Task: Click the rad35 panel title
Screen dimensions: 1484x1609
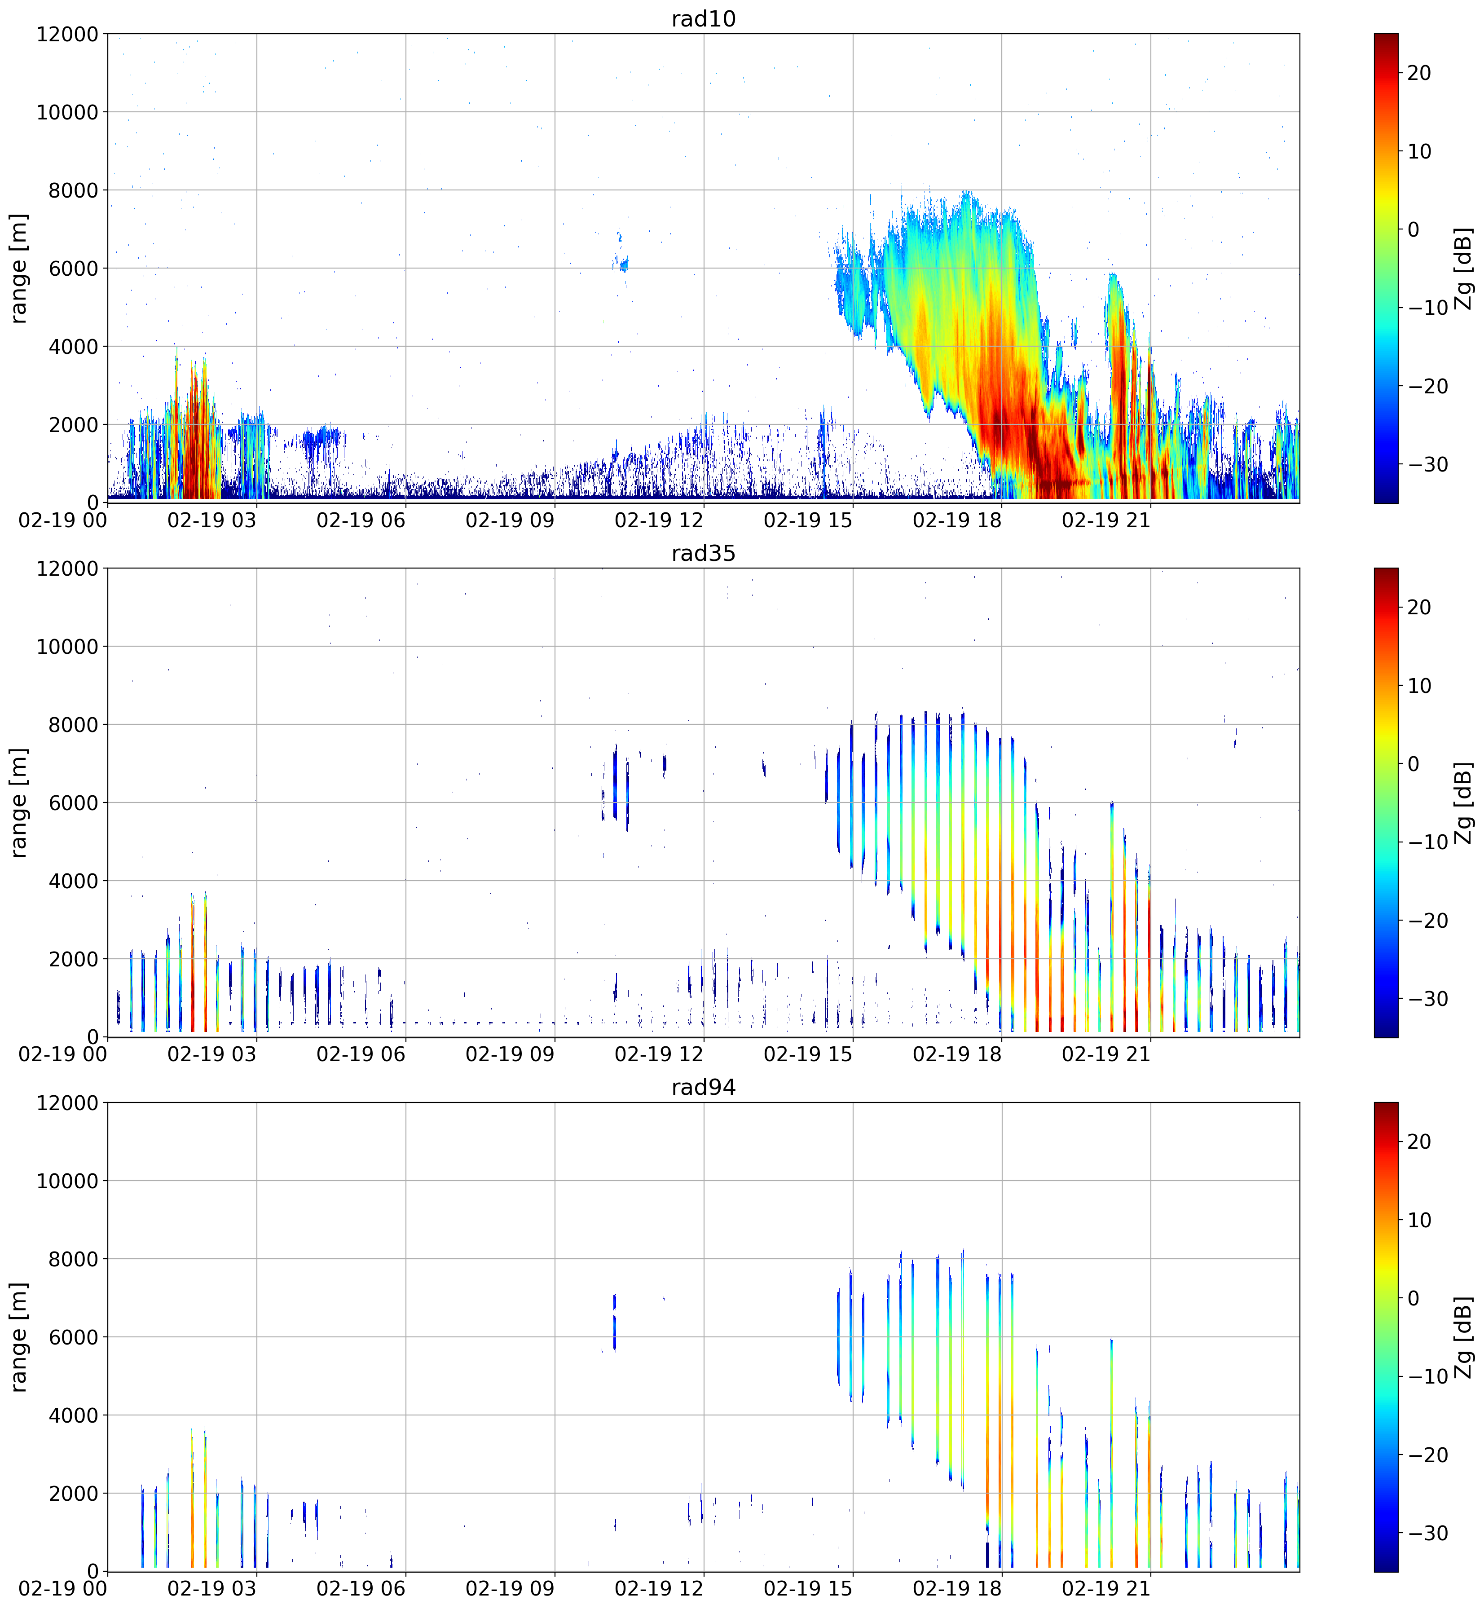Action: click(x=704, y=553)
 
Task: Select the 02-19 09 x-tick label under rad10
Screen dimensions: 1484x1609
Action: click(x=510, y=520)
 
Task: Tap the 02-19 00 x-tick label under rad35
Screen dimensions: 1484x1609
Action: click(x=62, y=1055)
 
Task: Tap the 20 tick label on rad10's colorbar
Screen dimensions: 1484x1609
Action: click(x=1419, y=73)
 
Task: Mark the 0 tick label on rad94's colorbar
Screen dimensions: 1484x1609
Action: click(x=1414, y=1298)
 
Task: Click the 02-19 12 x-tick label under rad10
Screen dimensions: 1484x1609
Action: click(x=659, y=520)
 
